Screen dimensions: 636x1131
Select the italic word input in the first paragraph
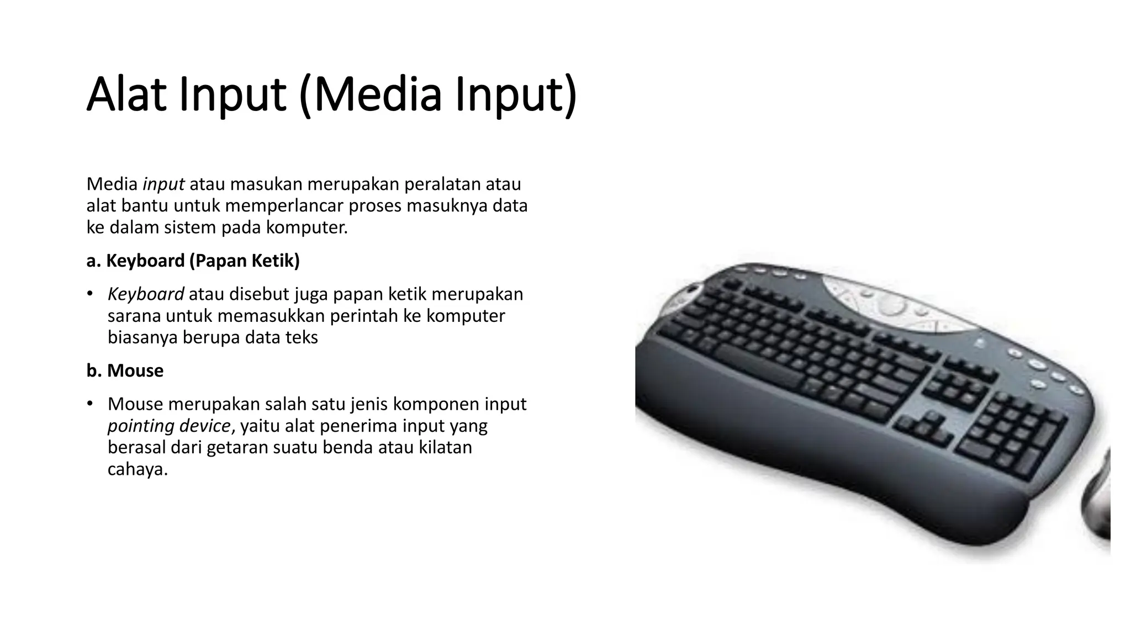click(x=163, y=184)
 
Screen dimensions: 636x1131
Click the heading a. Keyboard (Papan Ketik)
click(x=193, y=261)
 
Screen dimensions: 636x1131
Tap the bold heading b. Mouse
click(x=125, y=370)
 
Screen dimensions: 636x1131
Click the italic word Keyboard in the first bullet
click(x=146, y=294)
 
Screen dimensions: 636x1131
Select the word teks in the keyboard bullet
click(x=301, y=337)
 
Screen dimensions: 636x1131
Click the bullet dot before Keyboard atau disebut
click(x=89, y=294)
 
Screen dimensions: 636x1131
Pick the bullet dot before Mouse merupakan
click(x=89, y=404)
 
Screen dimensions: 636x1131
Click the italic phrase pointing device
click(x=169, y=426)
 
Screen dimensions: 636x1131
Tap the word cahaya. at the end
click(x=138, y=469)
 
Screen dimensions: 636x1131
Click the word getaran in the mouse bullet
click(x=232, y=448)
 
